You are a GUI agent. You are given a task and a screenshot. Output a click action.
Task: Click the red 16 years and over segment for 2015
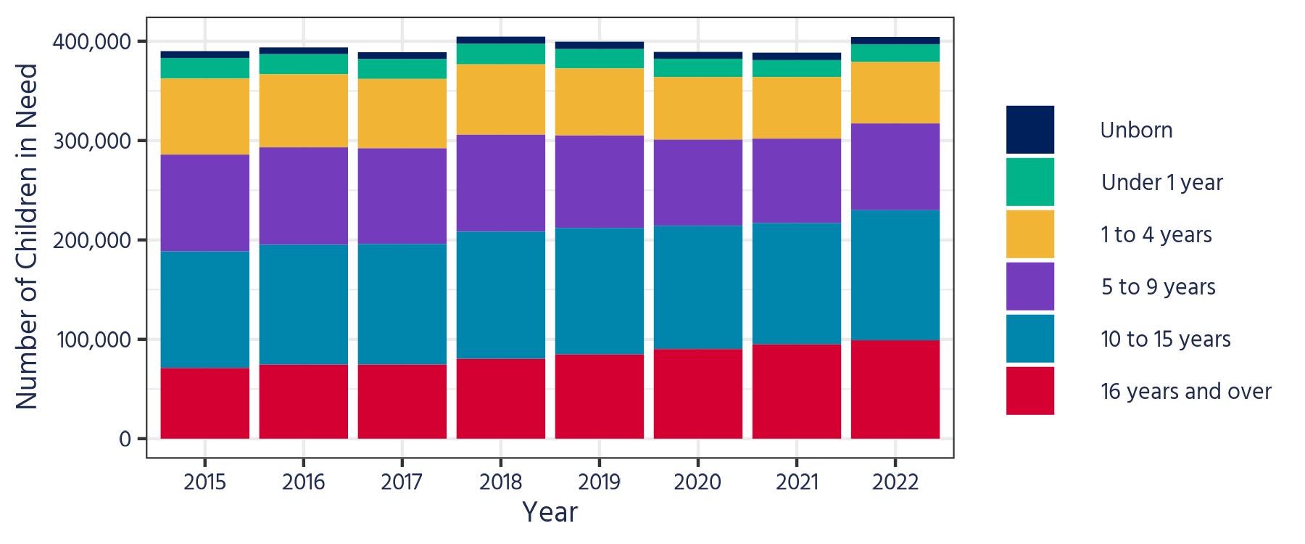(204, 403)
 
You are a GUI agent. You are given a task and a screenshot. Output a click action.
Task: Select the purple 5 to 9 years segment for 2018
(500, 183)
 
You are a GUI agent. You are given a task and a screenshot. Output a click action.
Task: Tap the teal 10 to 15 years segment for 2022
(895, 275)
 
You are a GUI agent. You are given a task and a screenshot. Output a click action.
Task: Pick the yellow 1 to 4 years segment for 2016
(303, 110)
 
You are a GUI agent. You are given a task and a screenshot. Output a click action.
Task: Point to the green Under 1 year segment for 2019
(599, 58)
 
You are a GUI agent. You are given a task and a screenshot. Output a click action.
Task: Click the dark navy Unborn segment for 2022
(895, 41)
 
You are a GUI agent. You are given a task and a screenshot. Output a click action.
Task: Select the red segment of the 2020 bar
(697, 394)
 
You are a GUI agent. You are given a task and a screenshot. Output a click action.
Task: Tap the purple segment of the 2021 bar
(796, 181)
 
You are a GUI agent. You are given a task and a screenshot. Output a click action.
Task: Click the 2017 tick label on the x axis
(402, 482)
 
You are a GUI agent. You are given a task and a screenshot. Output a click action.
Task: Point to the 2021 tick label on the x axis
(796, 482)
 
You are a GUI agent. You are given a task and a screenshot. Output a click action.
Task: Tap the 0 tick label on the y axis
(125, 439)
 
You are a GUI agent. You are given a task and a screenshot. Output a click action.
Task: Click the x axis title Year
(550, 512)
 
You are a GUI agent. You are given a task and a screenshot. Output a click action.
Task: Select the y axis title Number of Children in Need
(27, 236)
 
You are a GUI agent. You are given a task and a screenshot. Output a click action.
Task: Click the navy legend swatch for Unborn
(1029, 130)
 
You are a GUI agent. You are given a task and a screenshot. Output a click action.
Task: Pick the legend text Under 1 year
(1161, 182)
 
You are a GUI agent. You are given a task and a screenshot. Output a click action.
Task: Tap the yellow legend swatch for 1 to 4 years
(1029, 234)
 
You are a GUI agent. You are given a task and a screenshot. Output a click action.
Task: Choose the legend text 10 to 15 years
(1165, 339)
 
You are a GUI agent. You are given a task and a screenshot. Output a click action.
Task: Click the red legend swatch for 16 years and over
(1029, 391)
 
